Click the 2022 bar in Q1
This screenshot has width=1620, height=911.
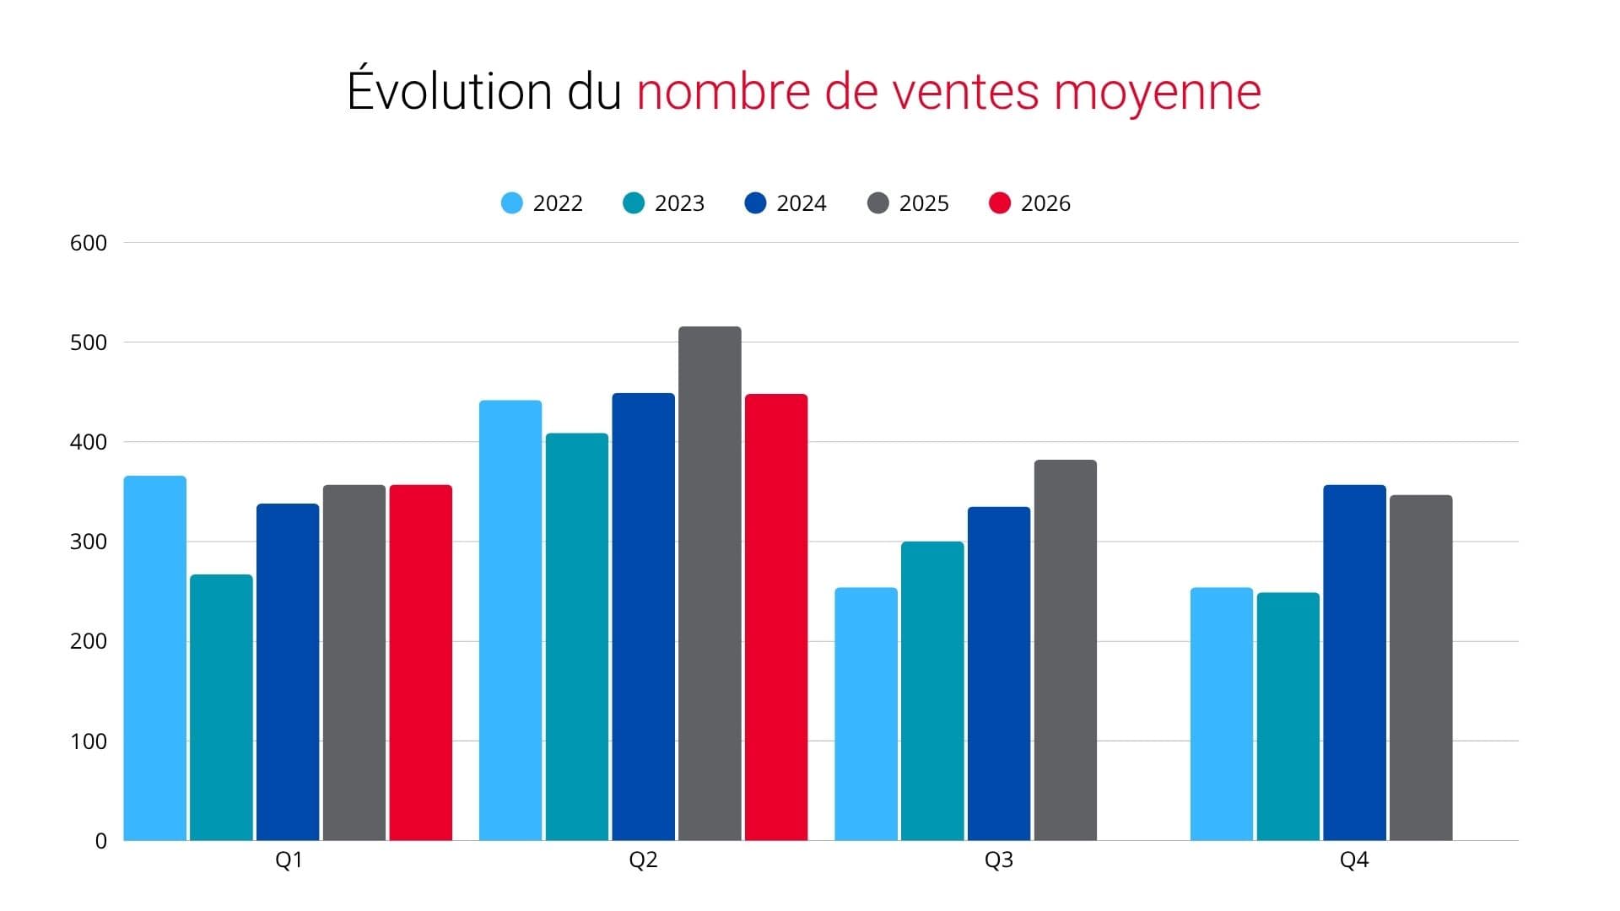[155, 658]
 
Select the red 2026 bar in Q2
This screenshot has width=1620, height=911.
[776, 617]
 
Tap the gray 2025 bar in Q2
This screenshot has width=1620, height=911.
[710, 583]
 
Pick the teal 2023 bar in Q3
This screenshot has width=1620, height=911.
[932, 691]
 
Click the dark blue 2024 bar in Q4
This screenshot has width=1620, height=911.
[1354, 662]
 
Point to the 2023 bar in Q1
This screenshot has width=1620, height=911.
[221, 707]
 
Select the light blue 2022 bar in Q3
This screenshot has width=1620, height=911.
[866, 714]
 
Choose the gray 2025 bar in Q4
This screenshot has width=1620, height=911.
[1421, 667]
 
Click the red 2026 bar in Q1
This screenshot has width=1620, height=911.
[421, 662]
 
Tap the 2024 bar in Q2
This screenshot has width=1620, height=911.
[644, 617]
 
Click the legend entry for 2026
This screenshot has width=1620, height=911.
[1029, 203]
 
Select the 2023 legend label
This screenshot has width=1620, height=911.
[679, 203]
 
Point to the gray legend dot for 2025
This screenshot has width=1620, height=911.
[878, 203]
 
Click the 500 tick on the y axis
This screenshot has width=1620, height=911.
[89, 342]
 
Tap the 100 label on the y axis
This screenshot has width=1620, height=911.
[89, 741]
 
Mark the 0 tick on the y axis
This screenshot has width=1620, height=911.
[101, 841]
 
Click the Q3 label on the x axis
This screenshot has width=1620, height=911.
[999, 860]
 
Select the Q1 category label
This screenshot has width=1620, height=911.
[289, 860]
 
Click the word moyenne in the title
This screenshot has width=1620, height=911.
[1158, 93]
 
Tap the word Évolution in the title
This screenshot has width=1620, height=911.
[450, 89]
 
